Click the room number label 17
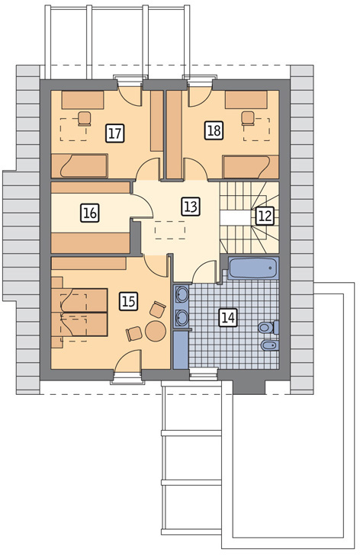tap(115, 133)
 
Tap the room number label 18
tap(214, 130)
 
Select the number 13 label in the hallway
tap(191, 207)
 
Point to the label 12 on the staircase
tap(265, 216)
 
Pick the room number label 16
tap(90, 213)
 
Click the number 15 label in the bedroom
tap(128, 302)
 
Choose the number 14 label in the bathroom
tap(227, 316)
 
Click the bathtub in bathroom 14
tap(252, 268)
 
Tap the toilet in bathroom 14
tap(268, 327)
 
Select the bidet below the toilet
tap(270, 345)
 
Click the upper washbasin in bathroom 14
tap(182, 294)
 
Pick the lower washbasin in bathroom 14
tap(182, 317)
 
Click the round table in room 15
tap(156, 331)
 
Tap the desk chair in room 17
tap(84, 119)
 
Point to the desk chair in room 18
tap(248, 118)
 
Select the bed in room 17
tap(79, 165)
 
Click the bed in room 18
tap(251, 167)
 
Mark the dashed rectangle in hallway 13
tap(170, 230)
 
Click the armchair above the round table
tap(157, 309)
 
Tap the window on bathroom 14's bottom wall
tap(203, 374)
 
